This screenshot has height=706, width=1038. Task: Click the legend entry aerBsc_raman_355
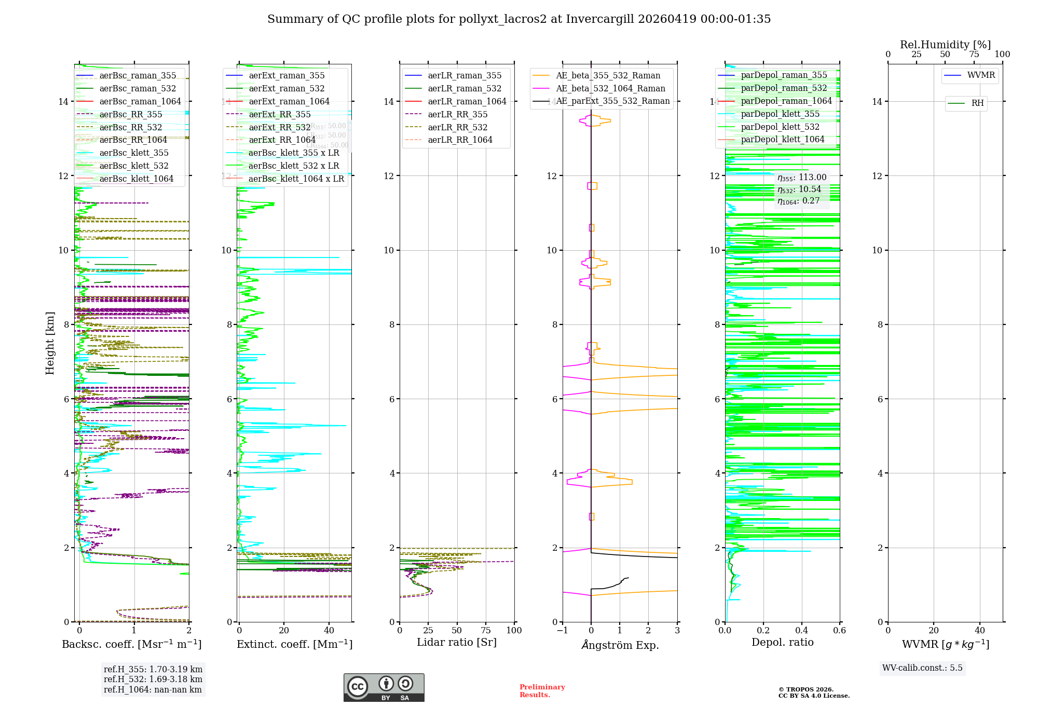click(138, 76)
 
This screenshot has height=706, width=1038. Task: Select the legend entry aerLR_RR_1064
click(460, 140)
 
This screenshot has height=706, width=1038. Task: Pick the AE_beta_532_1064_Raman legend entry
click(610, 89)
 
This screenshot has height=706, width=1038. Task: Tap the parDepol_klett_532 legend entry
click(780, 127)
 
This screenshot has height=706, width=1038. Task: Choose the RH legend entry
click(977, 103)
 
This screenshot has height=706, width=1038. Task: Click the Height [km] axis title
click(50, 343)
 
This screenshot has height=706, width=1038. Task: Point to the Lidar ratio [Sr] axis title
click(457, 643)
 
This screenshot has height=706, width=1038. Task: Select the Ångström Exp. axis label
click(620, 645)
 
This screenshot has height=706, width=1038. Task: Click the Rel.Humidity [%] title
click(945, 45)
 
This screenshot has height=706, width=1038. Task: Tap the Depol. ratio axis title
click(782, 643)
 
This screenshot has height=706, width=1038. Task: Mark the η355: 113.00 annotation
click(802, 178)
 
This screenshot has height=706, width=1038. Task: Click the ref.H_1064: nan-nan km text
click(153, 690)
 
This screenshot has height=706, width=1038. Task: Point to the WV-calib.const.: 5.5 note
click(922, 668)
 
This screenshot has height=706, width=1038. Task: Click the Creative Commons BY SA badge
click(384, 688)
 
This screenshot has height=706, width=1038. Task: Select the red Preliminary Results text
click(542, 691)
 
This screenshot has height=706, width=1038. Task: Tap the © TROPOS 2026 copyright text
click(806, 689)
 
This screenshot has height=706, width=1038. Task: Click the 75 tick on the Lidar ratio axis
click(486, 631)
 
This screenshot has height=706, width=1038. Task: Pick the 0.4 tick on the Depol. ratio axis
click(801, 631)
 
